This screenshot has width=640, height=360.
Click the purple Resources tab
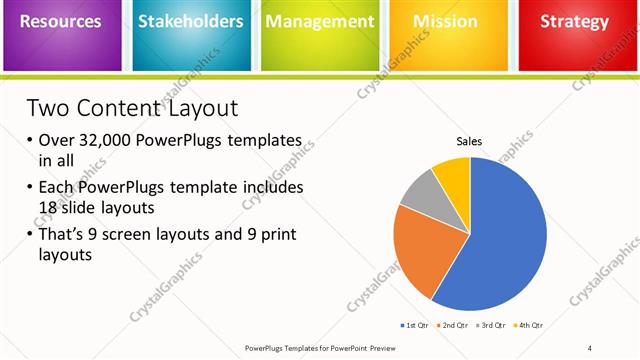tap(62, 22)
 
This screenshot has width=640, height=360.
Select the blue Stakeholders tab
tap(190, 22)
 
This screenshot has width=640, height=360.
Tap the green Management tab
tap(319, 22)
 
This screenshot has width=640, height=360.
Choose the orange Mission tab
tap(447, 22)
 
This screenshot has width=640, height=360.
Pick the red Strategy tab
tap(574, 22)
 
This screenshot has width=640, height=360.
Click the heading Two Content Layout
tap(131, 107)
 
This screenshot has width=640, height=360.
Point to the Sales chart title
tap(469, 142)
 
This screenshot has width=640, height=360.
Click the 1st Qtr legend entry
tap(416, 325)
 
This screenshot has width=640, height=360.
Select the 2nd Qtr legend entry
tap(455, 325)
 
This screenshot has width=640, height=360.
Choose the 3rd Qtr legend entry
tap(493, 325)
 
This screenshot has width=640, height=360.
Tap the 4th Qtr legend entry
tap(530, 325)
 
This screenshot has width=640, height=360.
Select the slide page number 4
tap(590, 347)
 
